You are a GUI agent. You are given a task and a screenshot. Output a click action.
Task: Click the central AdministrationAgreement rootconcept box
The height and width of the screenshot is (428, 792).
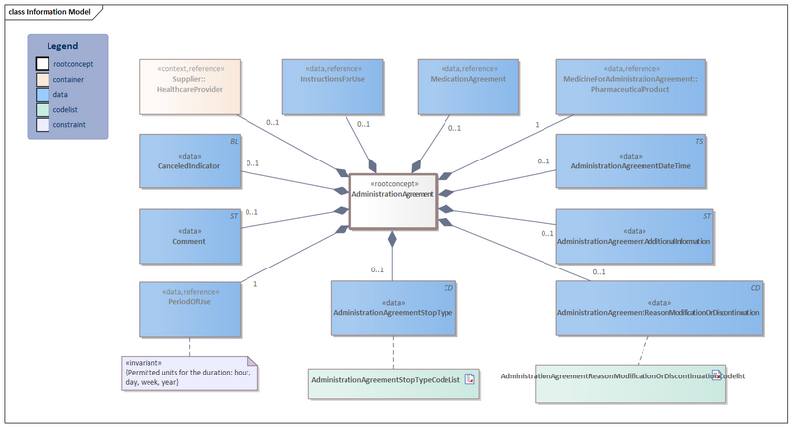click(391, 202)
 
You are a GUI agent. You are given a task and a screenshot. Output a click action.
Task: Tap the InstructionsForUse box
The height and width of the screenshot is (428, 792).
click(333, 85)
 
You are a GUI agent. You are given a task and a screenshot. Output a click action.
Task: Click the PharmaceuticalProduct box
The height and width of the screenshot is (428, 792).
click(630, 85)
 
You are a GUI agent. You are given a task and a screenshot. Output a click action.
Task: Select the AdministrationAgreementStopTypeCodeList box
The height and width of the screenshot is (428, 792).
click(393, 381)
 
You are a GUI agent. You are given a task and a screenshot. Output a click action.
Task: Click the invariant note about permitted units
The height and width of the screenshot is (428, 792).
click(187, 373)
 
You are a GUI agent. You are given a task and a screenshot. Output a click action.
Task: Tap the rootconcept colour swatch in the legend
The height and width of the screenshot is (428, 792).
click(43, 64)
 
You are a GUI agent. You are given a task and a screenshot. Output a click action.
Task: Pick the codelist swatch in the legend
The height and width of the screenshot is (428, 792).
click(43, 110)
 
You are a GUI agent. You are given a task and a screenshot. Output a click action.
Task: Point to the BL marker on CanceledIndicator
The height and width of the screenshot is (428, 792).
click(234, 142)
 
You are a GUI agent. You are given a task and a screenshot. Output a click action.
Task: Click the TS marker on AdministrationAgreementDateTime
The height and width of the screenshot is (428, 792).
click(699, 142)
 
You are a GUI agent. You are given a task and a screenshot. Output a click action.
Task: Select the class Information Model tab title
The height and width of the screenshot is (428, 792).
click(50, 12)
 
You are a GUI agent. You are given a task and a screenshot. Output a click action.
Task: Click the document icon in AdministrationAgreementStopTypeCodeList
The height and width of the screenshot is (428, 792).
click(471, 379)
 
